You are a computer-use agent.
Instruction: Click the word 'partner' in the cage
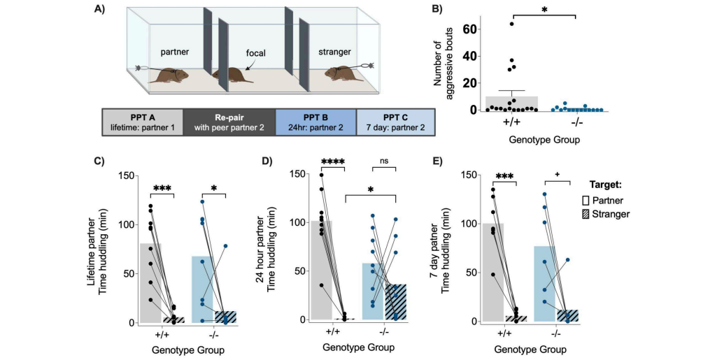click(x=176, y=51)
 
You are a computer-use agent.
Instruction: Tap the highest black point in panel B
click(x=511, y=24)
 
